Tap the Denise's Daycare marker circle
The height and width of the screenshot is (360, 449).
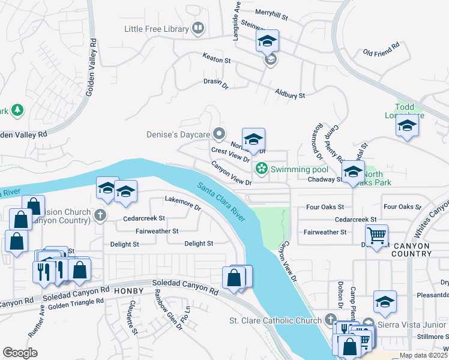220,134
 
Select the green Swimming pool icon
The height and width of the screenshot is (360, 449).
261,169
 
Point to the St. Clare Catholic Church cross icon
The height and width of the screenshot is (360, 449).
330,320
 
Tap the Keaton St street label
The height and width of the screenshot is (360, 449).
216,61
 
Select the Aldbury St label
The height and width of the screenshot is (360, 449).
290,94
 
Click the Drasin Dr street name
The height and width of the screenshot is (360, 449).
216,85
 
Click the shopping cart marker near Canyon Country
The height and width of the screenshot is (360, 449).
376,235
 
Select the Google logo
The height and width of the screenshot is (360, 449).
20,352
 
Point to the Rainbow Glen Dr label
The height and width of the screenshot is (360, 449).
169,310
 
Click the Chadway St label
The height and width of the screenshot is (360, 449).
324,179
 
